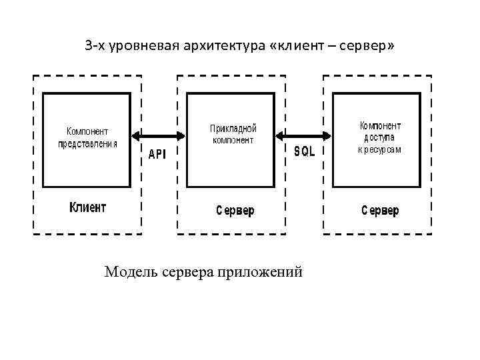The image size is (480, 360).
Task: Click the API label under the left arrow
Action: (x=157, y=154)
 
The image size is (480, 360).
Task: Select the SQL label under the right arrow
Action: (x=305, y=152)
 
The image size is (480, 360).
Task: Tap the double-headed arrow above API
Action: (x=159, y=136)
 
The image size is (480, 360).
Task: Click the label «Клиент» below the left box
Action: (x=88, y=207)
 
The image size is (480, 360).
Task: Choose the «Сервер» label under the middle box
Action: (x=235, y=211)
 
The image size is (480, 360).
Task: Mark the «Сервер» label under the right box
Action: (x=380, y=211)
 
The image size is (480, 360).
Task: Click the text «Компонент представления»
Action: (x=87, y=137)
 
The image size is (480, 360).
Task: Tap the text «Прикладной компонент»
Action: (x=233, y=133)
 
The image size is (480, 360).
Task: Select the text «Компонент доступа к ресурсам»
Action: (x=380, y=137)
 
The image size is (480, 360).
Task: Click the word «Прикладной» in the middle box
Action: (x=233, y=128)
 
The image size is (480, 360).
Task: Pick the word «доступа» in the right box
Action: (x=380, y=137)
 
